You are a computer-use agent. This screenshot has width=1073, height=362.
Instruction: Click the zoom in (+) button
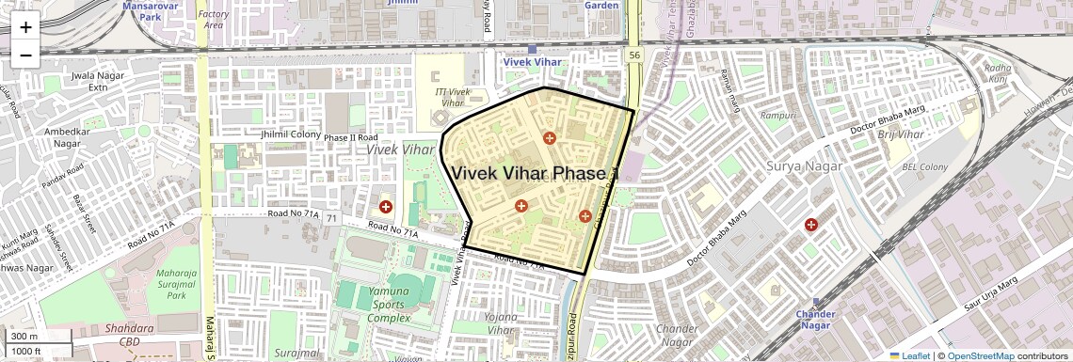tap(25, 27)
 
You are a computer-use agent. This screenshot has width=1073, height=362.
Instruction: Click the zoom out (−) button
tap(25, 55)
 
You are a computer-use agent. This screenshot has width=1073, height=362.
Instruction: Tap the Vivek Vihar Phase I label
tap(533, 174)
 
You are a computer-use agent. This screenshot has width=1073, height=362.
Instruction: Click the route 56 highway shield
tap(634, 56)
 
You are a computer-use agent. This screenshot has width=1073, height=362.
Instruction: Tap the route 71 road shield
tap(332, 218)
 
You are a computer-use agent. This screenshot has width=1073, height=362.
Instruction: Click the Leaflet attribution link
tap(909, 355)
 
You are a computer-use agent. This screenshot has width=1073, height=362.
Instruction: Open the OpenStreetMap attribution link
tap(980, 355)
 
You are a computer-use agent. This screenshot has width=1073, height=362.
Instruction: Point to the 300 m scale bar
tap(32, 337)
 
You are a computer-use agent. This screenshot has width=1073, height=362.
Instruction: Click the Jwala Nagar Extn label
tap(97, 81)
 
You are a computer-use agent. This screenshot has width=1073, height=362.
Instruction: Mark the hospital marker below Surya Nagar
tap(810, 225)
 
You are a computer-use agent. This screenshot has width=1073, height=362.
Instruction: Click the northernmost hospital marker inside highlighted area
tap(550, 138)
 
